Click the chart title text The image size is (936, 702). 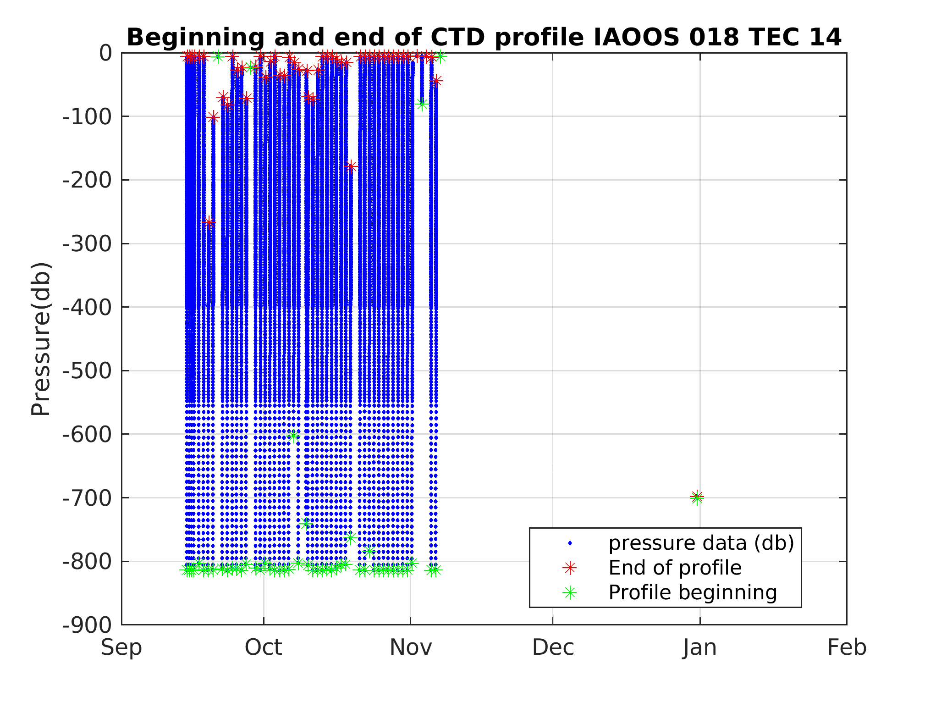484,37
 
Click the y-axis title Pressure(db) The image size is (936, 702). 40,339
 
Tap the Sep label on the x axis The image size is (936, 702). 121,648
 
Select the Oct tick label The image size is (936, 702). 263,648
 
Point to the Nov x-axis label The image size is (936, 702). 411,648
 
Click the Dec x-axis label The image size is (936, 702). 553,648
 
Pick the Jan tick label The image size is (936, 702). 699,648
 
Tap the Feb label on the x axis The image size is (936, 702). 847,648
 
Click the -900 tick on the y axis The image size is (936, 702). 87,625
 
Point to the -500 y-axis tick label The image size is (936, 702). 87,370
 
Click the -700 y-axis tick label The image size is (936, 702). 87,497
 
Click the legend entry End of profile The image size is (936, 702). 675,568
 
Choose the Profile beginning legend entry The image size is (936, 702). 692,592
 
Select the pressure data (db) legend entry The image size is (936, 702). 701,543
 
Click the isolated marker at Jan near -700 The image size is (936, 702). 697,497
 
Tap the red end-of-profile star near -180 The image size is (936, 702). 351,166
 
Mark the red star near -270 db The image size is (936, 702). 209,222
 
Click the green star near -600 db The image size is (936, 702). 294,436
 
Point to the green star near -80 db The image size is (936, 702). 422,104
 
